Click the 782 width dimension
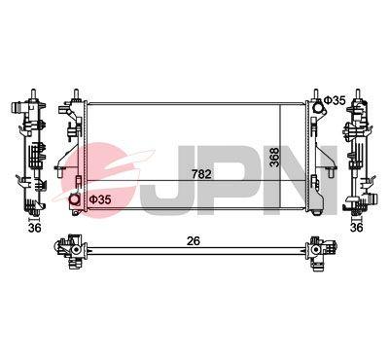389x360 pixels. [x=201, y=174]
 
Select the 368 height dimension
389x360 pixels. [x=274, y=158]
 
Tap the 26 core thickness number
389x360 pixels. [x=194, y=241]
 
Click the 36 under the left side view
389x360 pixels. [x=35, y=228]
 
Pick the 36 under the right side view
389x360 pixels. [x=357, y=228]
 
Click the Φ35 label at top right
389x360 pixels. [x=336, y=100]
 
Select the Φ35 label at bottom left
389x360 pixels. [x=100, y=199]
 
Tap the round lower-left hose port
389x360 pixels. [x=75, y=199]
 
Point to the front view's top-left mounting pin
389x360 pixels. [x=76, y=94]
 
